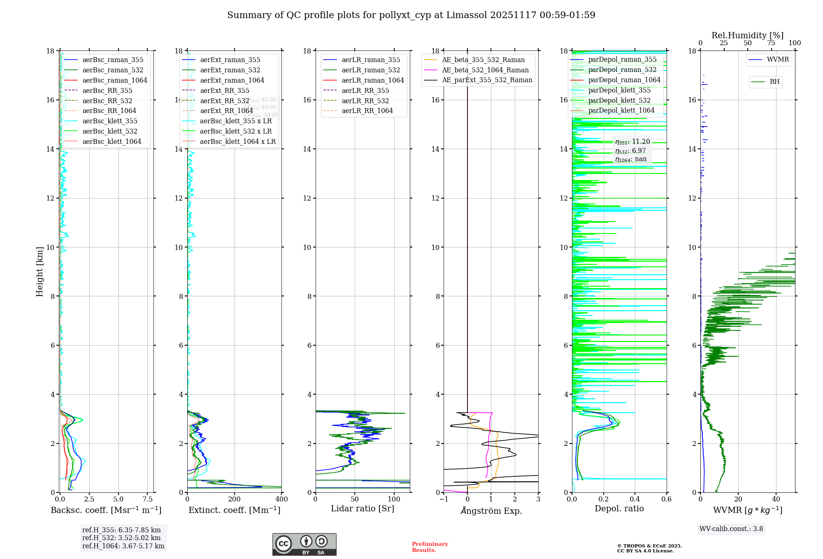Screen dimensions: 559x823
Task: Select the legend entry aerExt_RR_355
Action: pyautogui.click(x=224, y=90)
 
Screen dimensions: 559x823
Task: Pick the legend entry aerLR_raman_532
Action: pyautogui.click(x=370, y=70)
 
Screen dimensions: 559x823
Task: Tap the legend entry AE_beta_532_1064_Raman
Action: pyautogui.click(x=485, y=70)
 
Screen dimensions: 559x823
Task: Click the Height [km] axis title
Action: pyautogui.click(x=40, y=271)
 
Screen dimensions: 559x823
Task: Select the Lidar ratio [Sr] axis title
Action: pyautogui.click(x=362, y=508)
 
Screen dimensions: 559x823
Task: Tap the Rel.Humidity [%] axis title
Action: pyautogui.click(x=747, y=35)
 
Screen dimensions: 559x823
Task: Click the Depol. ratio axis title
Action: pyautogui.click(x=619, y=508)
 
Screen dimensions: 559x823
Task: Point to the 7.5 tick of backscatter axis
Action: pyautogui.click(x=147, y=499)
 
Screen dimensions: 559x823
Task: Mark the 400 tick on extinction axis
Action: pyautogui.click(x=281, y=499)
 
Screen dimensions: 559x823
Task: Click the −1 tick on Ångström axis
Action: pyautogui.click(x=444, y=499)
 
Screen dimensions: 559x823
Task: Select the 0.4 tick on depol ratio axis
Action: pyautogui.click(x=635, y=499)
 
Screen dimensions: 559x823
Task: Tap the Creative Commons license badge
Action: pyautogui.click(x=304, y=544)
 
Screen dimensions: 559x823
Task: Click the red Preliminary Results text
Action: pyautogui.click(x=430, y=547)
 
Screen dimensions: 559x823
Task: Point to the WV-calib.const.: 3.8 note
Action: pyautogui.click(x=731, y=529)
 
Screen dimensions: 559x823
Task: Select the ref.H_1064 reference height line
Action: pyautogui.click(x=123, y=546)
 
